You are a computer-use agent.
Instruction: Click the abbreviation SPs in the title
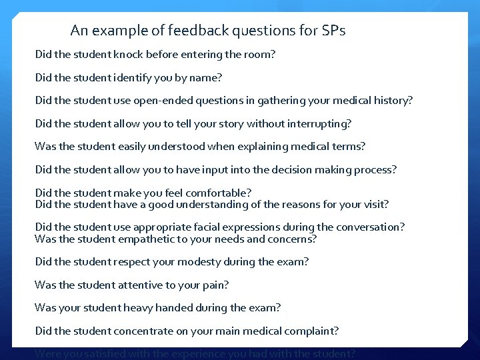pos(333,31)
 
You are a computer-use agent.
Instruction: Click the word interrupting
pos(319,123)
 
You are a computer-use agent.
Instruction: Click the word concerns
pos(293,239)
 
